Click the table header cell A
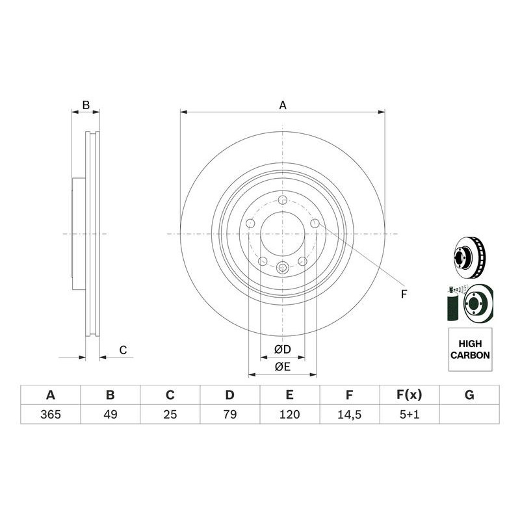(x=50, y=395)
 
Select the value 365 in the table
(x=50, y=414)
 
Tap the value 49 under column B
(x=110, y=414)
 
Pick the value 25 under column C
(x=170, y=414)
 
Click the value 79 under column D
(x=229, y=414)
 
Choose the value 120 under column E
(x=289, y=414)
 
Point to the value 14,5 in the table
(x=349, y=414)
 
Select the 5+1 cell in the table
(x=409, y=414)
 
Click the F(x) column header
(x=409, y=395)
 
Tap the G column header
(x=469, y=395)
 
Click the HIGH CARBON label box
(x=470, y=350)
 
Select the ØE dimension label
(x=282, y=367)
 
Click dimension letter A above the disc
(x=283, y=105)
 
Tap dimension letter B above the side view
(x=85, y=105)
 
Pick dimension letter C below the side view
(x=122, y=350)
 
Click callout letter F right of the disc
(x=403, y=294)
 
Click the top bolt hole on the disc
(x=283, y=200)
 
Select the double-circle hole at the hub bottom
(x=283, y=267)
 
